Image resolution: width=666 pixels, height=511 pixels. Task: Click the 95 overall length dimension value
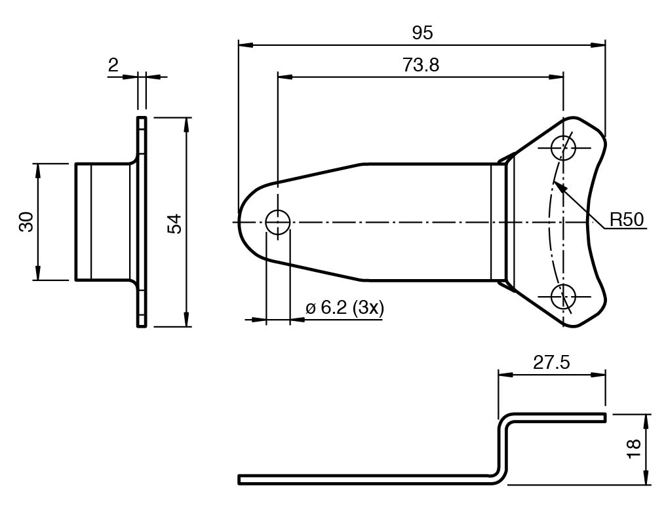point(423,33)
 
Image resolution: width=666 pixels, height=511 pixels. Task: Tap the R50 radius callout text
point(627,219)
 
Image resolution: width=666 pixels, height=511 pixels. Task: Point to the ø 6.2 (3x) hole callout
point(345,308)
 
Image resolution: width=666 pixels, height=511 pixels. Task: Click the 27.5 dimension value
point(551,364)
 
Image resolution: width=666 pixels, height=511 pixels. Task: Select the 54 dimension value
point(174,223)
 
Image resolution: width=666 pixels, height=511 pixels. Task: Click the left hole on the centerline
point(277,223)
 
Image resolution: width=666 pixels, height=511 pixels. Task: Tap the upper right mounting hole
point(563,148)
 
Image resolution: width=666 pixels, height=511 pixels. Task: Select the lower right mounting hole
point(563,297)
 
